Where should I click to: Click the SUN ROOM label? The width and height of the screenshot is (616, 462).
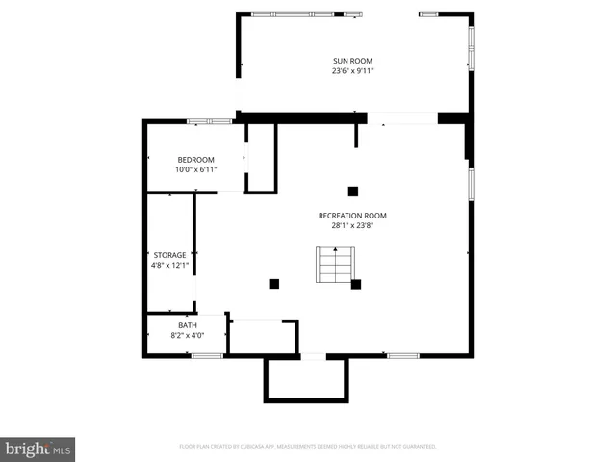pyautogui.click(x=352, y=61)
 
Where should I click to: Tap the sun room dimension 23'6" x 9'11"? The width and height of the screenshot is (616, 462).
pyautogui.click(x=352, y=71)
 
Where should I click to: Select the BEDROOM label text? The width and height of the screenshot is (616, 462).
pyautogui.click(x=195, y=160)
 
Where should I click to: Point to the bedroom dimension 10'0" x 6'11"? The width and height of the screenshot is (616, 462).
pyautogui.click(x=195, y=170)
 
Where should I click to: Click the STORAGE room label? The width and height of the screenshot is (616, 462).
pyautogui.click(x=168, y=255)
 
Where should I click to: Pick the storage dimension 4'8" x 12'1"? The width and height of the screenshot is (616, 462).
pyautogui.click(x=168, y=266)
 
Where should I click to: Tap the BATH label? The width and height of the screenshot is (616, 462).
pyautogui.click(x=187, y=325)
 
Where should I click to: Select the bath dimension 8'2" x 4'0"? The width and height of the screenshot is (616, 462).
pyautogui.click(x=187, y=336)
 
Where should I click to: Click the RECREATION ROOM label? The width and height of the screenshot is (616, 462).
pyautogui.click(x=352, y=216)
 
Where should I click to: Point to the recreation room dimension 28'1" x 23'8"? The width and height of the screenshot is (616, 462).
pyautogui.click(x=352, y=226)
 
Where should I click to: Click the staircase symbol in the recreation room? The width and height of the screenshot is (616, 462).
pyautogui.click(x=336, y=265)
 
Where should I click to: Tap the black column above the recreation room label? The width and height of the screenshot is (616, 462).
pyautogui.click(x=353, y=191)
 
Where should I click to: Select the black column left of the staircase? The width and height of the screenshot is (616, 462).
pyautogui.click(x=274, y=284)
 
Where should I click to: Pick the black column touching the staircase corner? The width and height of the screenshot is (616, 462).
pyautogui.click(x=356, y=284)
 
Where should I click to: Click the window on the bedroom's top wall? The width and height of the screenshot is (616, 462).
pyautogui.click(x=209, y=121)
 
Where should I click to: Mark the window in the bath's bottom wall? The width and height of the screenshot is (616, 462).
pyautogui.click(x=207, y=356)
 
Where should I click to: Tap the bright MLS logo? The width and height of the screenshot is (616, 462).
pyautogui.click(x=38, y=449)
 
